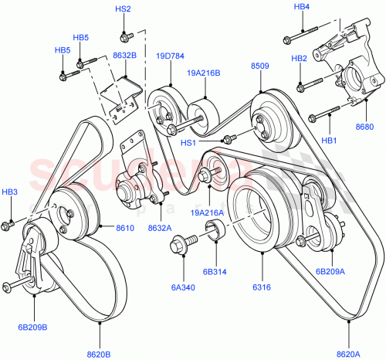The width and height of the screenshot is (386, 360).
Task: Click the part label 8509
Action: (x=259, y=66)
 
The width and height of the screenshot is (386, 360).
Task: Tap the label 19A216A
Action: (x=208, y=213)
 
